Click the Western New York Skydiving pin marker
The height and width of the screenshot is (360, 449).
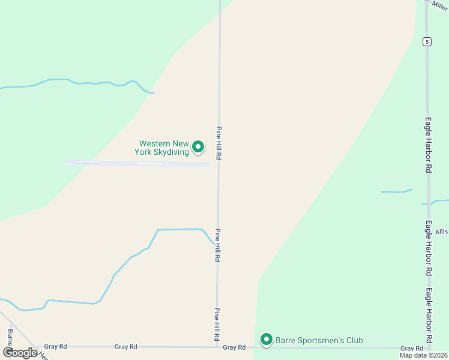tap(198, 146)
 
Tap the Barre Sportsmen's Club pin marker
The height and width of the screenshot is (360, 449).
tap(267, 340)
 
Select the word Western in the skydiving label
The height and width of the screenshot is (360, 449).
tap(154, 143)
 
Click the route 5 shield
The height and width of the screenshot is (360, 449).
tap(426, 41)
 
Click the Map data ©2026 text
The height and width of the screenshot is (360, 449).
tap(423, 355)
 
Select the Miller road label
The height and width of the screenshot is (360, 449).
tap(439, 5)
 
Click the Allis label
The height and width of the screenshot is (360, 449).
tap(442, 232)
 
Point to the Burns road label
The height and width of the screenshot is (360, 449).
tap(10, 337)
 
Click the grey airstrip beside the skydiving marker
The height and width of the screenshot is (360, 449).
tap(138, 163)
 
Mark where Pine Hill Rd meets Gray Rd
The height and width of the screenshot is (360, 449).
tap(217, 347)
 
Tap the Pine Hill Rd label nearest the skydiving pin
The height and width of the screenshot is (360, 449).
tap(220, 143)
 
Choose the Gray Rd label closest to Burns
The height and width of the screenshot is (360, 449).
tap(55, 347)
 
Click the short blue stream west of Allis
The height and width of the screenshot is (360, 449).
tap(396, 191)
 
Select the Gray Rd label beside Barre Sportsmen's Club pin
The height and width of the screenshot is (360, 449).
tap(234, 347)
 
